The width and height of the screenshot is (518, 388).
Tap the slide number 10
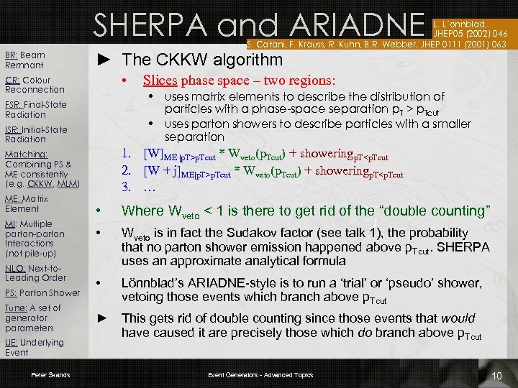(x=496, y=377)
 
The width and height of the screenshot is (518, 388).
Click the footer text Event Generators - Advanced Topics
(x=260, y=375)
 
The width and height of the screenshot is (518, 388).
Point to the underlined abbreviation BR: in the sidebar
(x=12, y=55)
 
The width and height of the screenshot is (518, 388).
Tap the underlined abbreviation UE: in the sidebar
(x=12, y=343)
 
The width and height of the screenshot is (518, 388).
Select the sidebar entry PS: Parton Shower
(x=42, y=292)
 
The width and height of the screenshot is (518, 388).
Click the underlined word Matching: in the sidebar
(x=26, y=154)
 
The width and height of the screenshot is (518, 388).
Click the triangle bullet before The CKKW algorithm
(x=103, y=59)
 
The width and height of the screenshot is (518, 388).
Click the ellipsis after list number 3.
(x=150, y=188)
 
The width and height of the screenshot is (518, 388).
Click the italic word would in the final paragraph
(x=458, y=318)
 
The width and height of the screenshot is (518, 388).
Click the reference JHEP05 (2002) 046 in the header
(x=468, y=32)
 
